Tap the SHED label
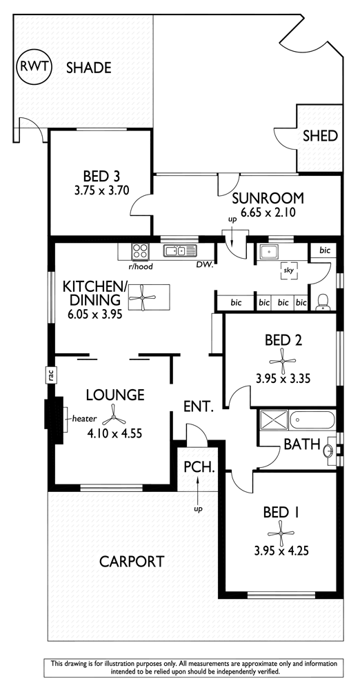coord(320,136)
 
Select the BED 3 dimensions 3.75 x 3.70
coord(101,191)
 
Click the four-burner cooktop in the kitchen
coord(140,251)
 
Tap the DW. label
coord(205,265)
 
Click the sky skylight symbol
coord(289,271)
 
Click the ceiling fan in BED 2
coord(282,362)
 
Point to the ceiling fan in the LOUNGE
coord(113,417)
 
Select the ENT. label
coord(199,406)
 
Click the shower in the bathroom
coord(273,420)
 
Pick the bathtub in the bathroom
coord(312,420)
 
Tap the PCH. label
coord(199,466)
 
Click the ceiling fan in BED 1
coord(281,533)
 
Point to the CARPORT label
coord(132,562)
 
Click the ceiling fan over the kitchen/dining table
coord(143,298)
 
